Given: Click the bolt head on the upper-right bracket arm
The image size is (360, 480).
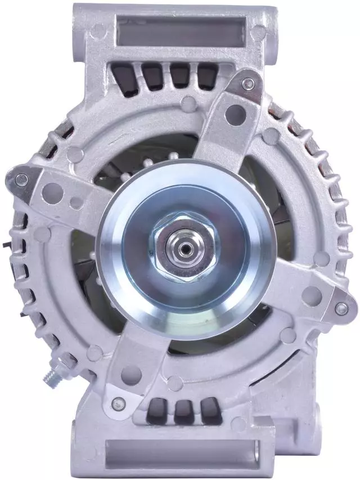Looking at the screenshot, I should pos(249,84).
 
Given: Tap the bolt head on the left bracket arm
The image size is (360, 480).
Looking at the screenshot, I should pos(21,180).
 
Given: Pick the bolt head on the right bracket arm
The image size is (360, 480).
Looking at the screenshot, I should pos(341,308).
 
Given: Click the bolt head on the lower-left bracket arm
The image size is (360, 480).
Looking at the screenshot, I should pos(119,402).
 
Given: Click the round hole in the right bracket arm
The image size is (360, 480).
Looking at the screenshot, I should pos(311,295).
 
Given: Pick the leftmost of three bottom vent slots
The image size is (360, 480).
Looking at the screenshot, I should pos(157,411).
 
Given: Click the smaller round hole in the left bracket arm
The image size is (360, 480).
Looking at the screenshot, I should pos(75,203).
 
